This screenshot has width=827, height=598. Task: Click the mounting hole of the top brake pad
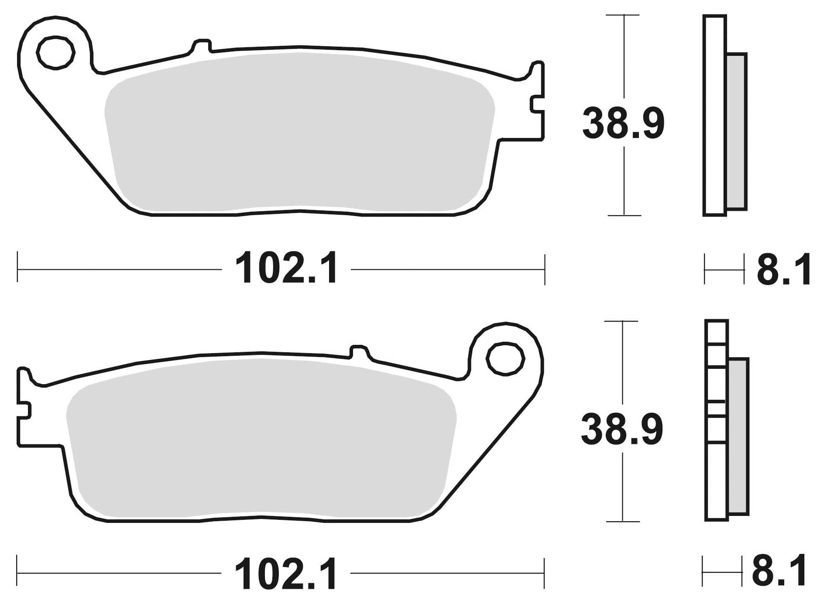pos(55,53)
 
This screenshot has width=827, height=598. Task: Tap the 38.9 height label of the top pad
pos(623,124)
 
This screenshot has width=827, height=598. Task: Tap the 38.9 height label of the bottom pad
pos(621,430)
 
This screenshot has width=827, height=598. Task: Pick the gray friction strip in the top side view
pos(737,131)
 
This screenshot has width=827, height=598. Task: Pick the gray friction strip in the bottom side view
pos(738,436)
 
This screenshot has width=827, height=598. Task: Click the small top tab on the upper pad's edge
pos(202,46)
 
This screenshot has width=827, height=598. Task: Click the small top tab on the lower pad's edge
pos(359,351)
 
